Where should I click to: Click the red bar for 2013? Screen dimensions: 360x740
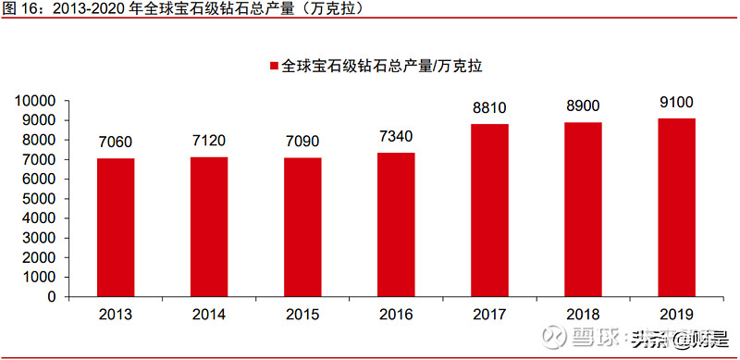point(117,228)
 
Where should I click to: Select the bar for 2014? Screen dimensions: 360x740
point(209,227)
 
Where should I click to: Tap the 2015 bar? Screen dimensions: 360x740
point(302,228)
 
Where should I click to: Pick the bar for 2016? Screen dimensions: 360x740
point(396,225)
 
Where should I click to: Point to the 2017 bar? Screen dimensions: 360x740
point(489,210)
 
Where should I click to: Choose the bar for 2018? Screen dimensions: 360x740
point(583,209)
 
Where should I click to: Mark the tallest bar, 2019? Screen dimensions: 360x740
point(676,207)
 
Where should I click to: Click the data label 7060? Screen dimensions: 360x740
point(117,142)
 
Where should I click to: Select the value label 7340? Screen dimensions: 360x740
point(396,136)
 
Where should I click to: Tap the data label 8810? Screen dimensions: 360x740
point(489,107)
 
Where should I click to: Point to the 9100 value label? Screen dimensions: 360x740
point(676,102)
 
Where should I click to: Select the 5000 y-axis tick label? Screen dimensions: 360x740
point(43,199)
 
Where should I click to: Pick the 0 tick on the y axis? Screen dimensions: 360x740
point(54,298)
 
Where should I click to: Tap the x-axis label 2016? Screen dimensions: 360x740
point(396,315)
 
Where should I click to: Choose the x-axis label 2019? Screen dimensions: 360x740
point(676,315)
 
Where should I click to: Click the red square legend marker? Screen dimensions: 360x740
point(274,67)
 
